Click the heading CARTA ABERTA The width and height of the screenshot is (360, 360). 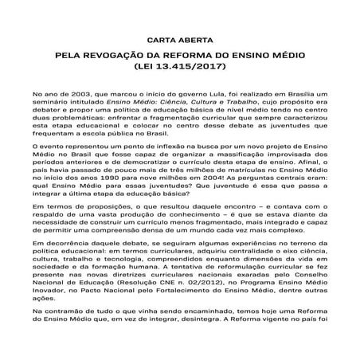[x=179, y=38]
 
